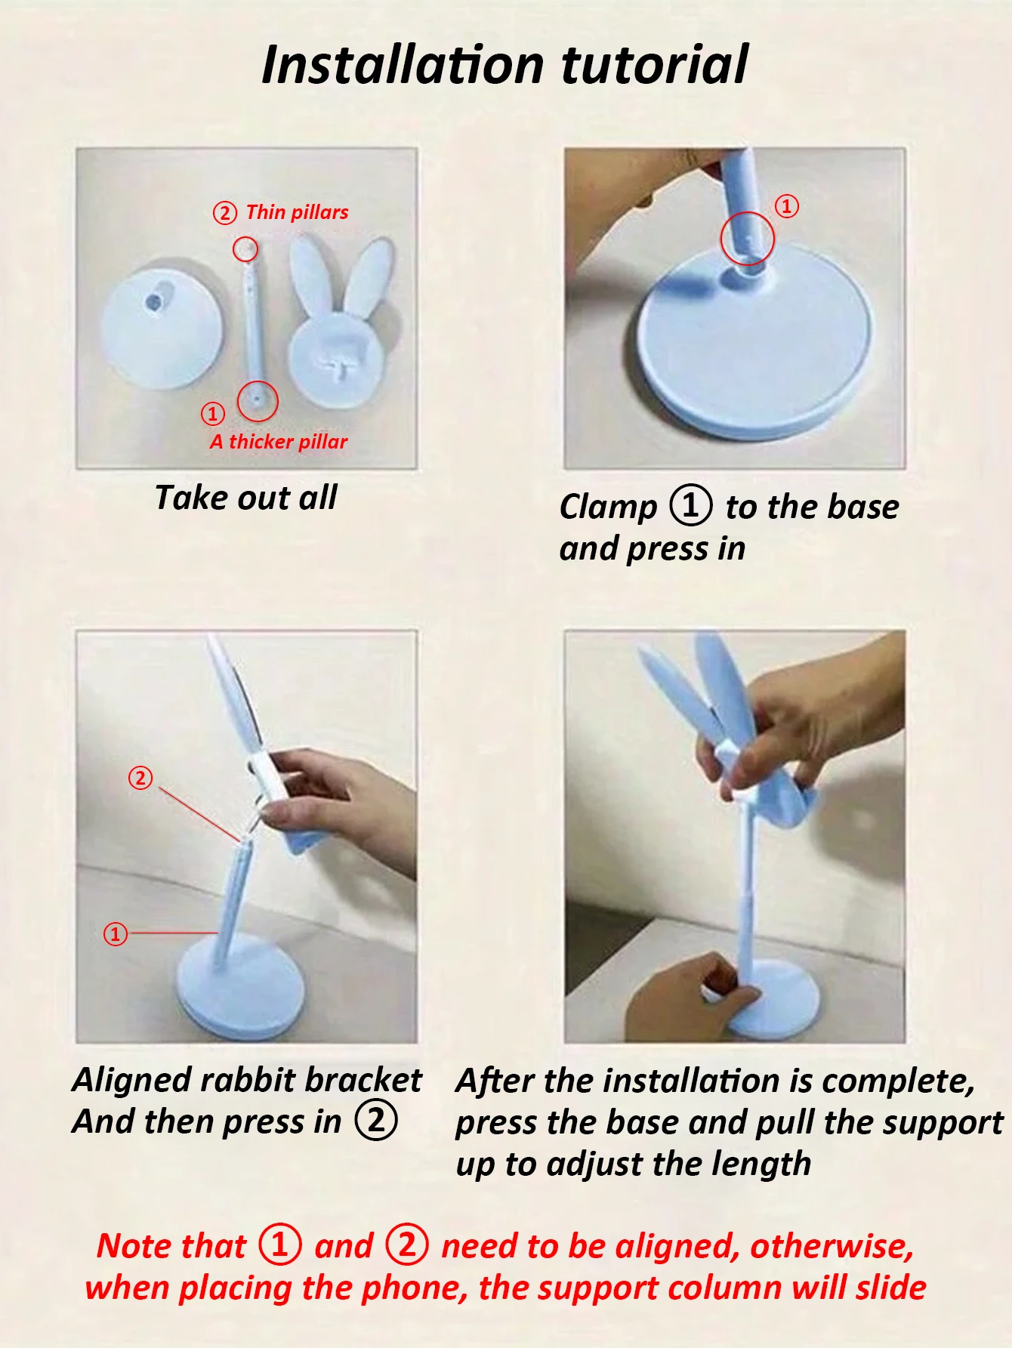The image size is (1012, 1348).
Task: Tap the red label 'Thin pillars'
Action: click(297, 212)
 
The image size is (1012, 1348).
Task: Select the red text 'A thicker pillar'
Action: click(279, 442)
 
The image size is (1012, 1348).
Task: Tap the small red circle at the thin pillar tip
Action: click(245, 249)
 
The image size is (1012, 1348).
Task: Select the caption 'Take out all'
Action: click(246, 498)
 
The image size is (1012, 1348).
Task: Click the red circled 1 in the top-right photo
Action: click(787, 205)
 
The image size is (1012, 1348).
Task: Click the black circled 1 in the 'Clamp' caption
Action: click(690, 506)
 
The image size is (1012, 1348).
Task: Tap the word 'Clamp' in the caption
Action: click(609, 507)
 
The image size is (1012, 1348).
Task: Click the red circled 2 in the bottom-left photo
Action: click(140, 778)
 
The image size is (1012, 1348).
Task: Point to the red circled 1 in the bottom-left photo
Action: click(115, 934)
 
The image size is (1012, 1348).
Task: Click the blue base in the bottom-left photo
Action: click(239, 990)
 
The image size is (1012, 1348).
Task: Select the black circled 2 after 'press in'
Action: click(376, 1121)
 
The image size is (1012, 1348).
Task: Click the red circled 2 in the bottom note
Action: click(407, 1245)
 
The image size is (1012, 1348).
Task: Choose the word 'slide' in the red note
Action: click(891, 1288)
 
